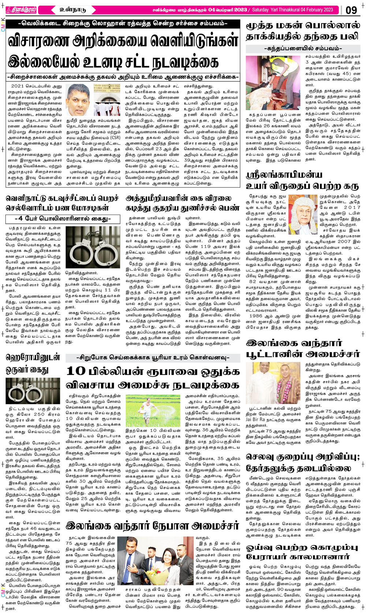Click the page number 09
pos(351,10)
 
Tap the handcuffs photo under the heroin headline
pos(33,391)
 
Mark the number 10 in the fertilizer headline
pos(76,371)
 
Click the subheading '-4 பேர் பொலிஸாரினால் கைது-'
pos(63,219)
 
